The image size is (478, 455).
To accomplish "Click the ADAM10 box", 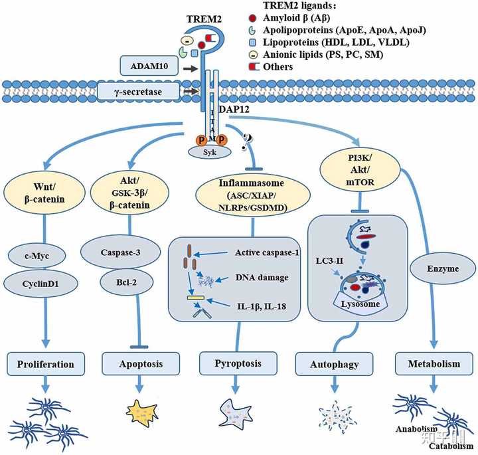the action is tap(149, 66).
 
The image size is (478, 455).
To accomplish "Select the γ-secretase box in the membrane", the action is tap(138, 92).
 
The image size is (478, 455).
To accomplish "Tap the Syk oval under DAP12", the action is tap(209, 152).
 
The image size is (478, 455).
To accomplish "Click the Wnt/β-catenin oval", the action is tap(44, 193).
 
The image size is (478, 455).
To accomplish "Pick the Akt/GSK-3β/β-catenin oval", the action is tap(129, 193).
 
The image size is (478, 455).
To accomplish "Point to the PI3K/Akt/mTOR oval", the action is tap(360, 170).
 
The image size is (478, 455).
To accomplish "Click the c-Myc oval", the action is tap(37, 256).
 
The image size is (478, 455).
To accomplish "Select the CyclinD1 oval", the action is tap(40, 284).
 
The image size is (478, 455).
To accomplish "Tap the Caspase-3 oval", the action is tap(120, 252).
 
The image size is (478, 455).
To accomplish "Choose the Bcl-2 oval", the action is tap(127, 282).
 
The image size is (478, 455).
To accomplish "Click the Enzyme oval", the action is tap(443, 268).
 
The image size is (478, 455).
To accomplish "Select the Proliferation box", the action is tap(46, 364).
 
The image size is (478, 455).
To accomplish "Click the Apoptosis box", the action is tap(141, 364).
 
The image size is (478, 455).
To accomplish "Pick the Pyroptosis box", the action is tap(238, 363).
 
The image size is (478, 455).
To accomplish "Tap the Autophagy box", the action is tap(335, 364).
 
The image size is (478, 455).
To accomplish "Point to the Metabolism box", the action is tap(434, 364).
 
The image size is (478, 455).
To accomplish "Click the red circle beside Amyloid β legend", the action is tap(252, 19).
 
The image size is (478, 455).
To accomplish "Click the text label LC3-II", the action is tap(329, 261).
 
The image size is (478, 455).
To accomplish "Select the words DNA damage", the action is tap(262, 278).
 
